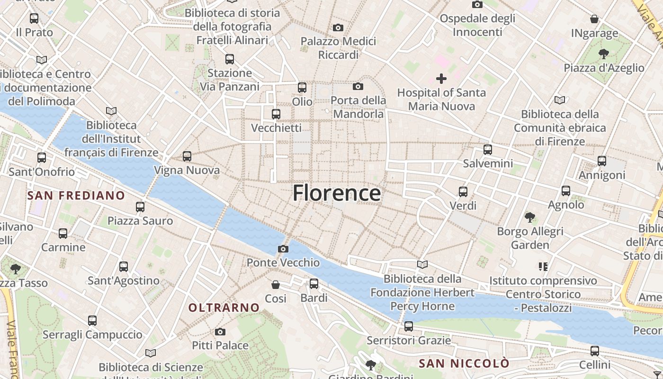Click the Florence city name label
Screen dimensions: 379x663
336,193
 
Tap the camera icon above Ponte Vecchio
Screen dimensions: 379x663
283,249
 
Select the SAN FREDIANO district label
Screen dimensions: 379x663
76,196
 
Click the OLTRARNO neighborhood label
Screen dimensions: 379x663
224,308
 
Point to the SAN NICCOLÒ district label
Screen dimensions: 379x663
464,364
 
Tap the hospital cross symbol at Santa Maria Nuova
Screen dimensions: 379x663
441,79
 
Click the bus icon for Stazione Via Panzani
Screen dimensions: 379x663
230,59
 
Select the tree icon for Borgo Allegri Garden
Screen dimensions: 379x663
530,217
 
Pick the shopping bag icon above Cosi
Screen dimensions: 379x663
276,285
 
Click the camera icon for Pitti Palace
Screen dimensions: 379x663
220,332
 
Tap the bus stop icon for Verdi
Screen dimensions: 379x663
463,192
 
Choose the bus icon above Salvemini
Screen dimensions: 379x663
488,150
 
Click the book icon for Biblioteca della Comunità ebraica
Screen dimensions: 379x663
560,100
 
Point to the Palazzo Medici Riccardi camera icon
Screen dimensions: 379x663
338,27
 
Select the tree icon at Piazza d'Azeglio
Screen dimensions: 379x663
604,54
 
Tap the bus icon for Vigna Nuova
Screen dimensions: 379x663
187,156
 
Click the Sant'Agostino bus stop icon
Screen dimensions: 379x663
124,267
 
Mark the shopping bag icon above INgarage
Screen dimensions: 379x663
594,19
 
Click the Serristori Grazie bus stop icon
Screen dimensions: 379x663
409,326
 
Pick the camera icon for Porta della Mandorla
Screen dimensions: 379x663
358,86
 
